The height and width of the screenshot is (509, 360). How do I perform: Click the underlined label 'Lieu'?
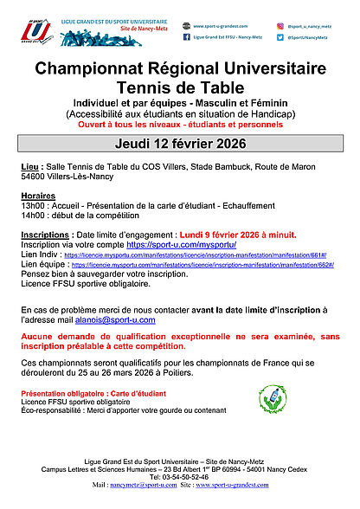[x=28, y=165]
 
